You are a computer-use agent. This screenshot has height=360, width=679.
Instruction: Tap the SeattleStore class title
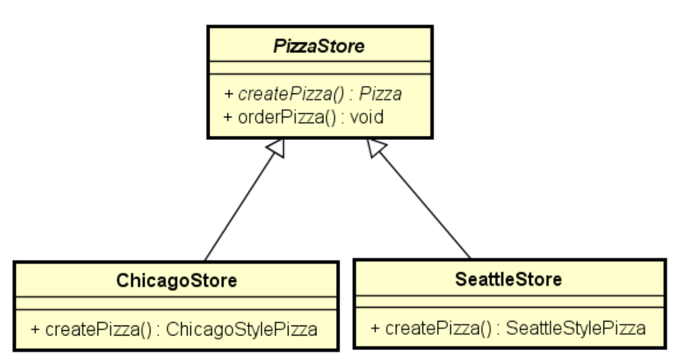[x=509, y=279]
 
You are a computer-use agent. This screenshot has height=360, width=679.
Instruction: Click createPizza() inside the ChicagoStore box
[x=83, y=328]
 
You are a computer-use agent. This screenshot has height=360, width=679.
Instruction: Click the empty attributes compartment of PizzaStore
[x=320, y=68]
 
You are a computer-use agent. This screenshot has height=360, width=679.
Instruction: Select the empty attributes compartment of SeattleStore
[x=509, y=302]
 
